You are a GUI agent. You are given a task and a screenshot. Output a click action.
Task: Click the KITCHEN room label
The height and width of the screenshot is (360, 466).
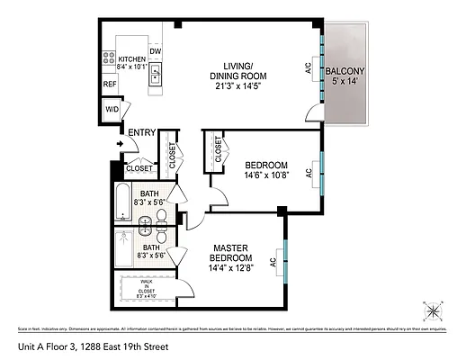coord(131,58)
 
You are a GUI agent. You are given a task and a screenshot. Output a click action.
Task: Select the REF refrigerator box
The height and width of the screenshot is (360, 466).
coord(109,85)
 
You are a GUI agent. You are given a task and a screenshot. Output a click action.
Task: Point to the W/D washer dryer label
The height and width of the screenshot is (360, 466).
coord(112,110)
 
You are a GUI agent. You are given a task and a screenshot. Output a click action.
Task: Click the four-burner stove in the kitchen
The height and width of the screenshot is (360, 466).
coord(109,61)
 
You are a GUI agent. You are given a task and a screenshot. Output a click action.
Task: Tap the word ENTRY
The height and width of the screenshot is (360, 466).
coord(142,133)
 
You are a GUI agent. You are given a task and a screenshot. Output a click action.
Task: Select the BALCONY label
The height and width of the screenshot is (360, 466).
coord(345,71)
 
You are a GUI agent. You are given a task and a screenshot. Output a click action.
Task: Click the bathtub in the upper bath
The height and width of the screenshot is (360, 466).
coord(122,202)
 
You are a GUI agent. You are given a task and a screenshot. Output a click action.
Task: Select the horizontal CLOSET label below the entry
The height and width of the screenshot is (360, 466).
coord(139,168)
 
